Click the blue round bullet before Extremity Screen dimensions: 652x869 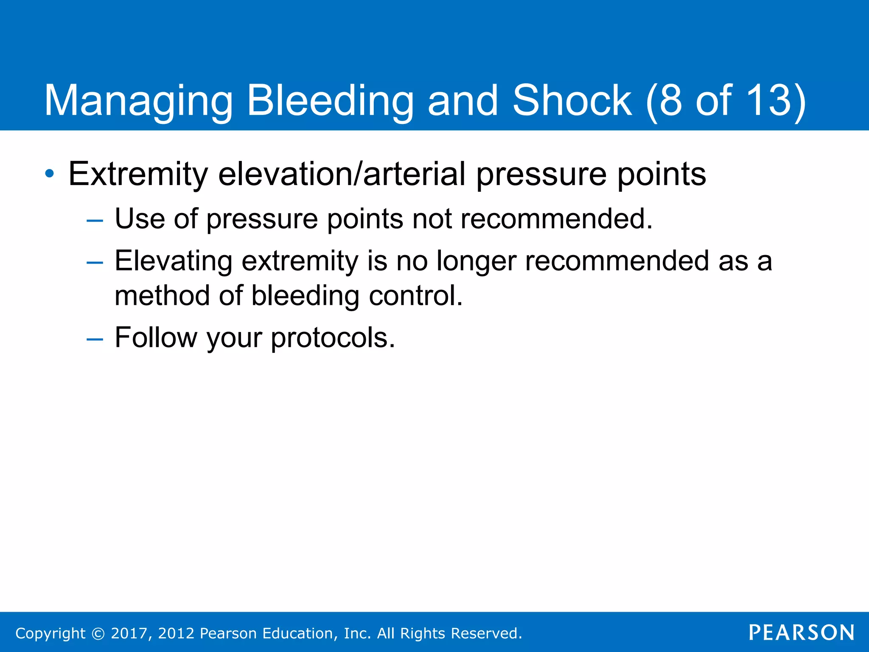pyautogui.click(x=50, y=174)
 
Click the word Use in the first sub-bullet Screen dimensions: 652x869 pyautogui.click(x=140, y=219)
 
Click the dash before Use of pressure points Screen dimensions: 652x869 pyautogui.click(x=94, y=221)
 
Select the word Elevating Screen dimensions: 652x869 pyautogui.click(x=173, y=261)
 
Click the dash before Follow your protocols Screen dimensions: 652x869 pyautogui.click(x=94, y=339)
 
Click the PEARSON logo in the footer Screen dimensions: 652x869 pyautogui.click(x=801, y=632)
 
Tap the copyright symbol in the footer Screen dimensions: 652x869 pyautogui.click(x=98, y=634)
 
